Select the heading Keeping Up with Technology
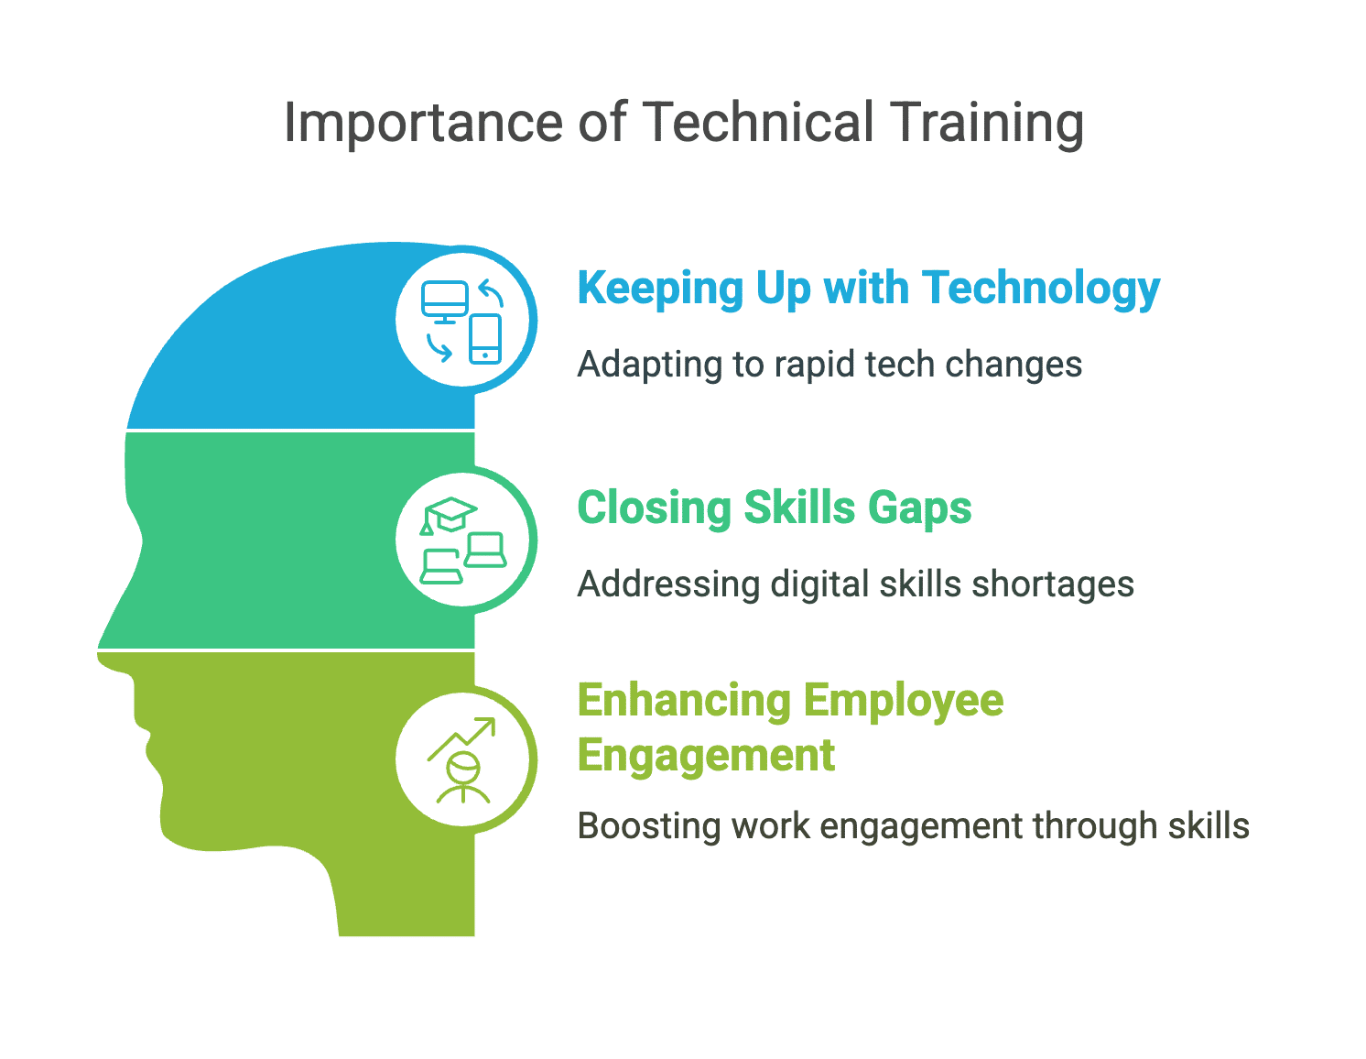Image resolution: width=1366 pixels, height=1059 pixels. (x=868, y=289)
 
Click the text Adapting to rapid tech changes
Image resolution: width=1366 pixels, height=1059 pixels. (x=829, y=365)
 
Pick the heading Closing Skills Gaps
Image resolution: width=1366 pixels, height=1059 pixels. (x=774, y=508)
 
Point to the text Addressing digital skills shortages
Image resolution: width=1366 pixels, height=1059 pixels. (x=855, y=584)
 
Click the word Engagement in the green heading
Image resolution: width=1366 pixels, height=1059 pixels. (x=706, y=756)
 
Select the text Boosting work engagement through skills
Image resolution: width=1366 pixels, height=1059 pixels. (x=913, y=826)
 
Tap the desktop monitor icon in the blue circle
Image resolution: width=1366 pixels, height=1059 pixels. (x=445, y=300)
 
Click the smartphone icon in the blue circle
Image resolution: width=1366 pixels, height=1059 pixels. (x=485, y=339)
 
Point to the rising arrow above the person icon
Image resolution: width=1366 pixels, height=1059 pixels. (x=463, y=737)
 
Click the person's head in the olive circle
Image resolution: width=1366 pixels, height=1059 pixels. (x=463, y=766)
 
